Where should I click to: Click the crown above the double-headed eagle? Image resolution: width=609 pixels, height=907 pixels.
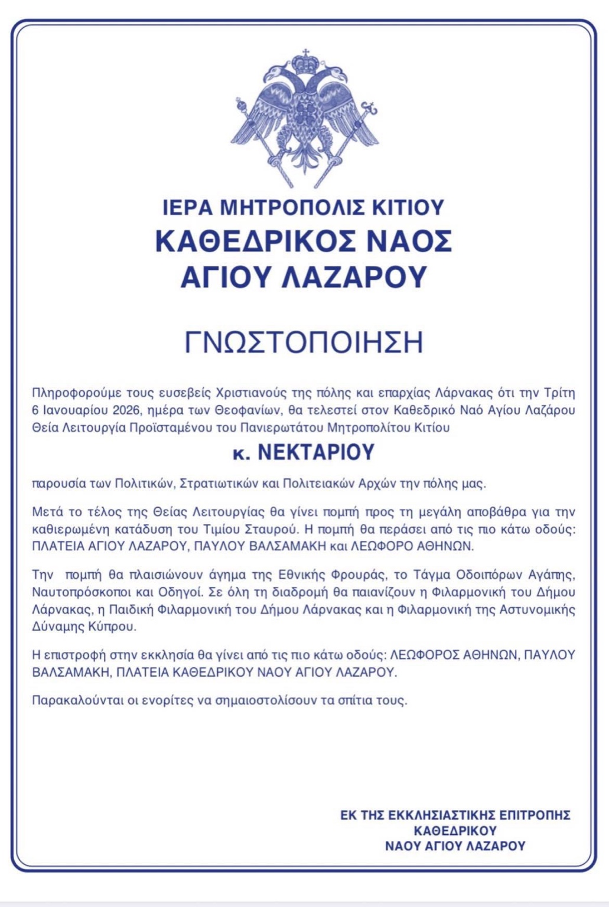tap(305, 61)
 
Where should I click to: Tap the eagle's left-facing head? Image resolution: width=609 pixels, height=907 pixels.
tap(275, 76)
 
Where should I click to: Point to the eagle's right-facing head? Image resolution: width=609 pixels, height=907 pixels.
tap(336, 76)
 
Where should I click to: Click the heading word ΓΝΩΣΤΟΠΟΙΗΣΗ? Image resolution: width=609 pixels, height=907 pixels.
tap(304, 342)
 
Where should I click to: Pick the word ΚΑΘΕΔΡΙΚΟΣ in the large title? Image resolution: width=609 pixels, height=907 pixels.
tap(255, 242)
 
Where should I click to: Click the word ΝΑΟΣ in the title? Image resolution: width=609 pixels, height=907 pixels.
tap(406, 242)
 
